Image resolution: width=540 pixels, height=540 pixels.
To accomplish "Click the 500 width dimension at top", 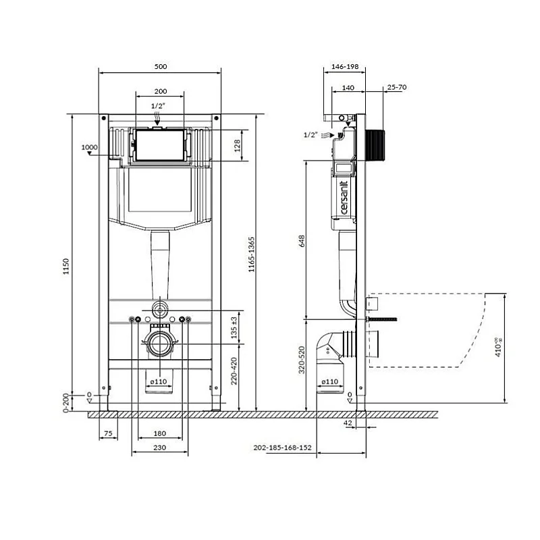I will tap(160, 66).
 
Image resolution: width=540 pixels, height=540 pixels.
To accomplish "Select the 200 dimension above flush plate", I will tap(160, 90).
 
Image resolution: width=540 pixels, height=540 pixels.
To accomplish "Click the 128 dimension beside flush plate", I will tap(237, 145).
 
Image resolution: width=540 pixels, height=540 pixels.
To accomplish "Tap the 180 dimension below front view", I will tap(159, 433).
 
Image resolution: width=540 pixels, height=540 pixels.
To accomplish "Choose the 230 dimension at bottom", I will tap(159, 448).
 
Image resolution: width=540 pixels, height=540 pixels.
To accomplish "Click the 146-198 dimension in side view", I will tap(345, 67).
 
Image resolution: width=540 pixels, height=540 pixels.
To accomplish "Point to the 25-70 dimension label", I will tap(396, 87).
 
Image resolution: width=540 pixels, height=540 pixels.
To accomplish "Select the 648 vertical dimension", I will tap(302, 240).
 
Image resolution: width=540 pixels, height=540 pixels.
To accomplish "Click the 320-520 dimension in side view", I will tap(302, 360).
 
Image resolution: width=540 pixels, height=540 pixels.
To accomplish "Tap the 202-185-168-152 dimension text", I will tap(283, 448).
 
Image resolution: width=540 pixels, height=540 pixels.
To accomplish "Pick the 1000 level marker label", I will tap(89, 147).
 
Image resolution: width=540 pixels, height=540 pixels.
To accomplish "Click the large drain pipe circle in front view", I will tap(160, 344).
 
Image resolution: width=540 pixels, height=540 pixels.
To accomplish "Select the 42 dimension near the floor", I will tap(348, 423).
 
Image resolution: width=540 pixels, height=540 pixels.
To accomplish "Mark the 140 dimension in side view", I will tap(348, 87).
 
